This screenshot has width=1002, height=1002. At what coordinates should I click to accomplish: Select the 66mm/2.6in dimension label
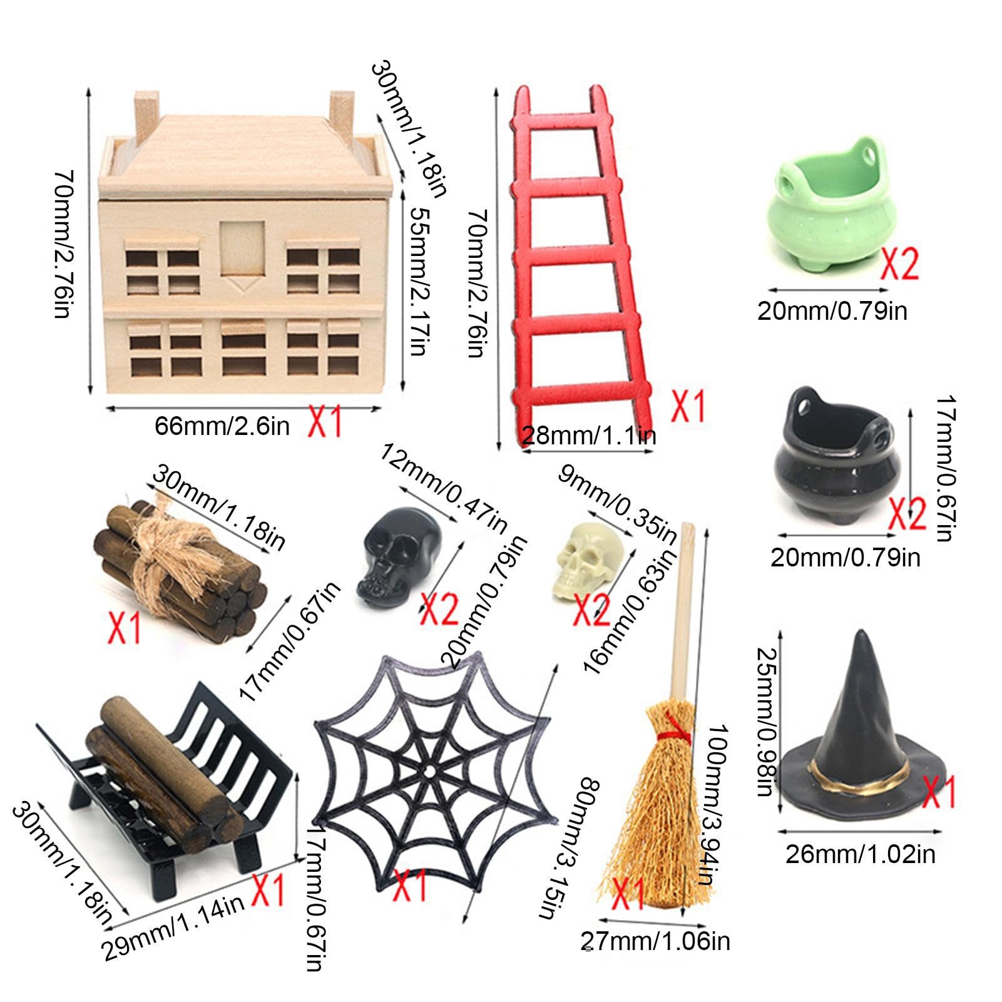click(x=222, y=426)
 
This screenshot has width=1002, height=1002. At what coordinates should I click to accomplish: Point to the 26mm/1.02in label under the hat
click(x=860, y=855)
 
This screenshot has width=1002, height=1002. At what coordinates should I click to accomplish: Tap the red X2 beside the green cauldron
click(x=900, y=263)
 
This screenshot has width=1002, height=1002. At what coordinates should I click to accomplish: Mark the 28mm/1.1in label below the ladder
click(x=588, y=436)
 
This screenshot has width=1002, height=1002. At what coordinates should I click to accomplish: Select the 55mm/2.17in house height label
click(x=418, y=281)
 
